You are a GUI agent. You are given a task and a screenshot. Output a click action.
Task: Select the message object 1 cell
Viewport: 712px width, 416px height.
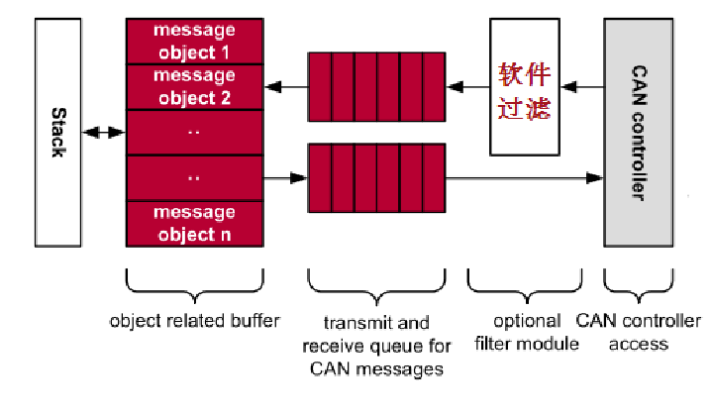(x=194, y=40)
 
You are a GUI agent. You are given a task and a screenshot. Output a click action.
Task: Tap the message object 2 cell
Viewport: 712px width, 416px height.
(x=194, y=86)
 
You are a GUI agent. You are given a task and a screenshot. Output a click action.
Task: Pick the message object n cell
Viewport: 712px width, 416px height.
(x=194, y=224)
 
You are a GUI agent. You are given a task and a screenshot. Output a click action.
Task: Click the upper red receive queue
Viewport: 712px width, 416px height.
(x=376, y=87)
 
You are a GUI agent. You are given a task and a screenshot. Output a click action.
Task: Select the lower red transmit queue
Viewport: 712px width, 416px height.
(x=376, y=178)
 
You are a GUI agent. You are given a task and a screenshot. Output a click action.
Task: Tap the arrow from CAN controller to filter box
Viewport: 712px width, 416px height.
(x=579, y=88)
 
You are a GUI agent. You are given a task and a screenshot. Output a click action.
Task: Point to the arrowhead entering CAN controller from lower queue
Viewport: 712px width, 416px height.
(x=595, y=178)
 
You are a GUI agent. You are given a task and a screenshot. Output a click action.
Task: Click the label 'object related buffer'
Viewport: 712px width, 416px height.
(x=194, y=321)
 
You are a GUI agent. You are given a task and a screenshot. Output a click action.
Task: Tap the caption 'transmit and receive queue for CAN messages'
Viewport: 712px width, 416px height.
(x=377, y=346)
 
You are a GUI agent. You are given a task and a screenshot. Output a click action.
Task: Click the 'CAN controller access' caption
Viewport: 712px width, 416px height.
(x=638, y=333)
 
